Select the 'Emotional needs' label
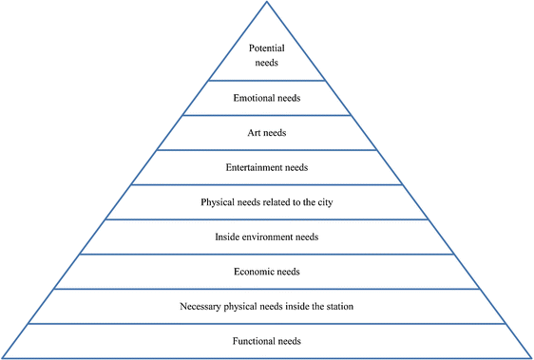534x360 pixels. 267,98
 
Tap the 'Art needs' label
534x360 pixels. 267,133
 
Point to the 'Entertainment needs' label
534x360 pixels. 267,168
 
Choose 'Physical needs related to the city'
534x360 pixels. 267,202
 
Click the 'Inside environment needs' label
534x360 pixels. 267,237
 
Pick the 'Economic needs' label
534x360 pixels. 267,272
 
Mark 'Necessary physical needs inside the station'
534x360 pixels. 267,306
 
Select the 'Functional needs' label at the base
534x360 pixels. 267,340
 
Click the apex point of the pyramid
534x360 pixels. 267,3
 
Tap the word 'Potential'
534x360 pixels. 267,47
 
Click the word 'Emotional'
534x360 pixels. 254,98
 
